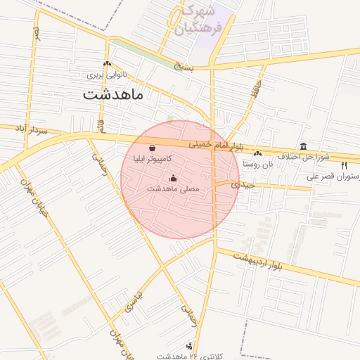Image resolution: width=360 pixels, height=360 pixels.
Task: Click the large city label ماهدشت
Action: pyautogui.click(x=113, y=94)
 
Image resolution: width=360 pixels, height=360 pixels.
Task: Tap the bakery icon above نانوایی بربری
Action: pyautogui.click(x=107, y=64)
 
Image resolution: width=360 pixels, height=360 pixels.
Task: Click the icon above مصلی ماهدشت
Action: pyautogui.click(x=174, y=179)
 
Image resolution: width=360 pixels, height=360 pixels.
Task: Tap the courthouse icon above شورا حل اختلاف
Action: pyautogui.click(x=303, y=146)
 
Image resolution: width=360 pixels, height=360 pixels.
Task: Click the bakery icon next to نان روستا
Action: pyautogui.click(x=258, y=153)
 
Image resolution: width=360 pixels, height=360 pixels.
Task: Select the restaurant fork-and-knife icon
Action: pyautogui.click(x=344, y=165)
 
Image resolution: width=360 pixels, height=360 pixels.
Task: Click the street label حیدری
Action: pyautogui.click(x=240, y=184)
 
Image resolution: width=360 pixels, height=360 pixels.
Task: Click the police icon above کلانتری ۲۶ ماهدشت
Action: pyautogui.click(x=189, y=347)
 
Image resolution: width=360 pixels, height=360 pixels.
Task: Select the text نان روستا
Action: pyautogui.click(x=257, y=163)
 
